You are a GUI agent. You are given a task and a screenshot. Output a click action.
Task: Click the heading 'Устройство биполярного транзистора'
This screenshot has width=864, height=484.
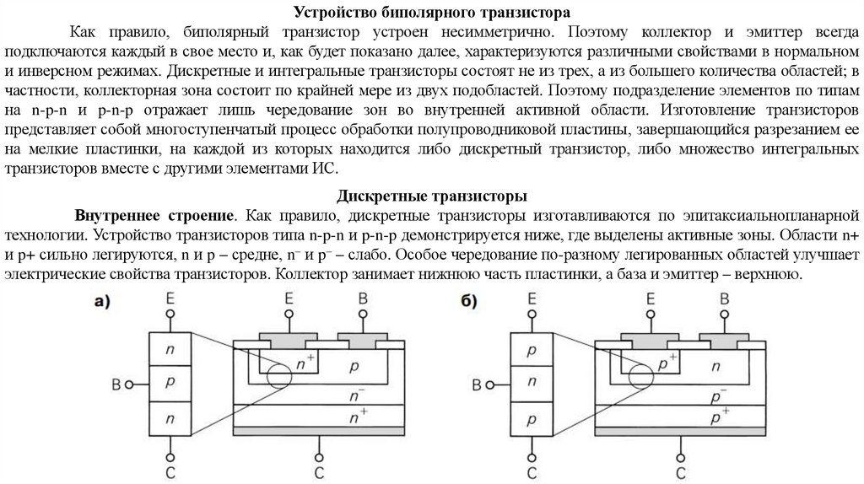[431, 12]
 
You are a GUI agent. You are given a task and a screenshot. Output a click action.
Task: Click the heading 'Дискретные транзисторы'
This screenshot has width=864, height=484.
[431, 196]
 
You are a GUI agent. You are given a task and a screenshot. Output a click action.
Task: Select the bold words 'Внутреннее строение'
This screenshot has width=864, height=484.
[155, 214]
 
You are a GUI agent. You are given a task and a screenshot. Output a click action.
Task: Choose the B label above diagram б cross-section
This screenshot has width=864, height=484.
[725, 298]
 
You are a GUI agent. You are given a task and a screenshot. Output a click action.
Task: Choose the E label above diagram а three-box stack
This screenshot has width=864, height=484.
[170, 298]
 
